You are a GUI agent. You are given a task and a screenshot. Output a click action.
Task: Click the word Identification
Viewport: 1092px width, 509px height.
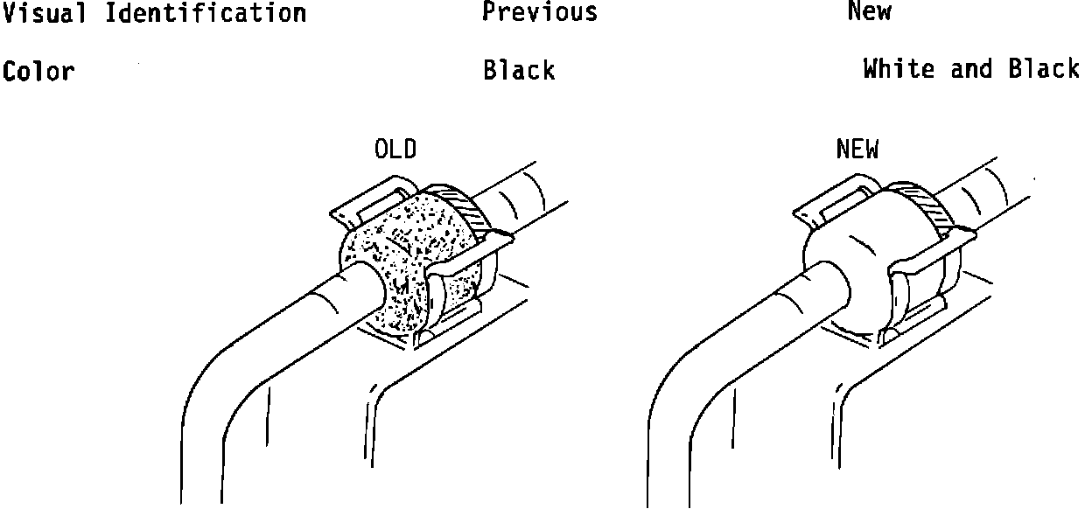click(206, 13)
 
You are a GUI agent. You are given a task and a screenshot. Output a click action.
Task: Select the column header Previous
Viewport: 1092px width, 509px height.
click(540, 11)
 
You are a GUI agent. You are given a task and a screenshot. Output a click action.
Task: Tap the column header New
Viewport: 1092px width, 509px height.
click(869, 11)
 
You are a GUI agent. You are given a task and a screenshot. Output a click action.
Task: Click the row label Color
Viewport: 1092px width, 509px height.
click(38, 71)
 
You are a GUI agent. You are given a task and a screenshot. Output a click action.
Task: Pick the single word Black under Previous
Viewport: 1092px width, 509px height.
click(519, 70)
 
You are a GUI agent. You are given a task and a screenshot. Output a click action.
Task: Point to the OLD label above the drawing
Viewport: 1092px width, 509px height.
click(395, 150)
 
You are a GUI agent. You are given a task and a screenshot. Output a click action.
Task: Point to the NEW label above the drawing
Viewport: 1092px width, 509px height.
click(857, 150)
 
